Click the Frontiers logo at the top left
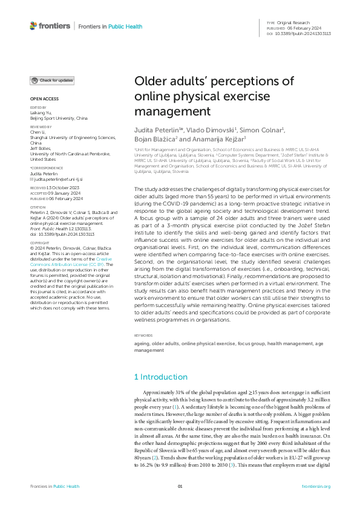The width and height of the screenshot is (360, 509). click(x=50, y=26)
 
